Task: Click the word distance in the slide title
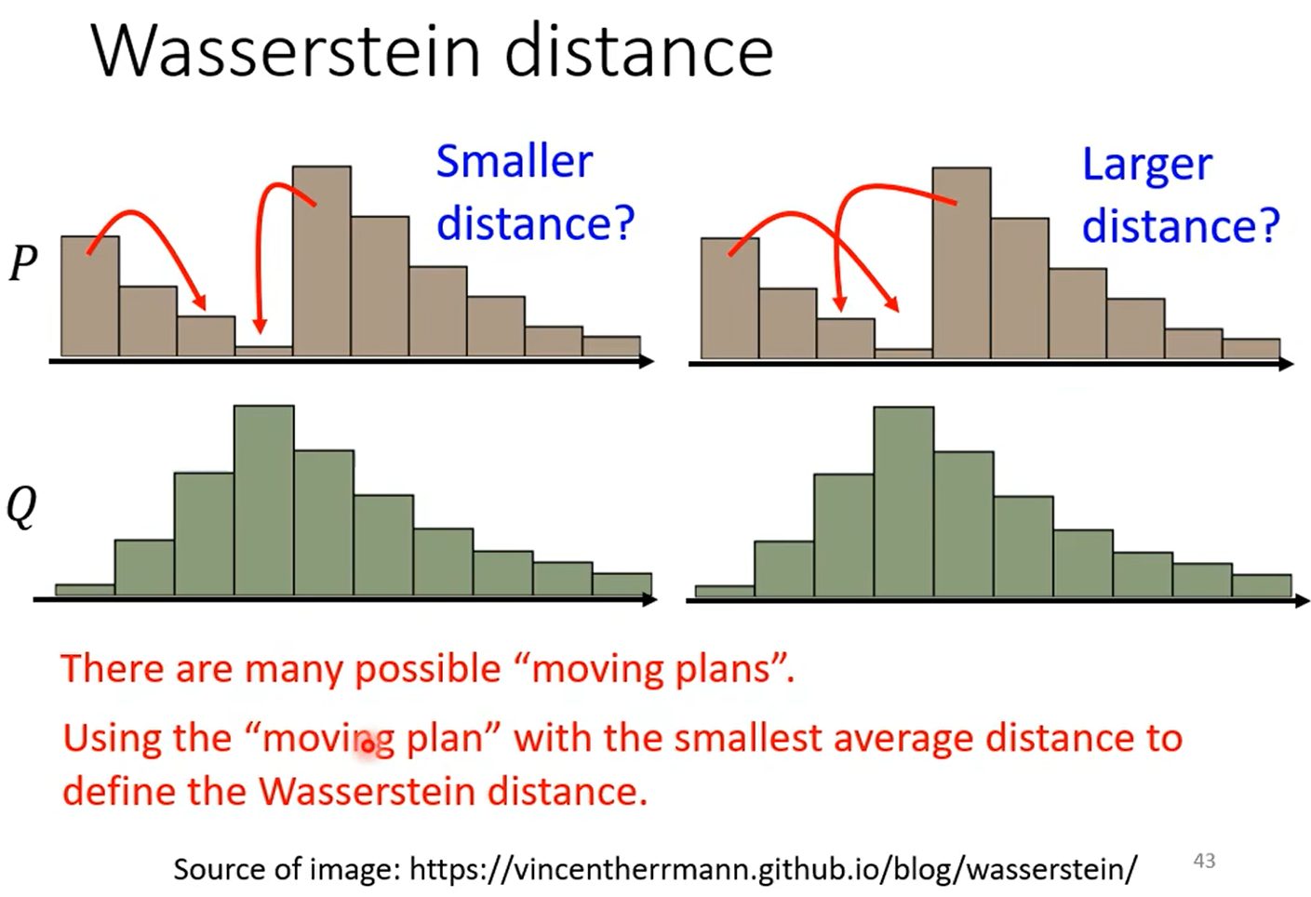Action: tap(639, 51)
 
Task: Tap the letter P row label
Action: tap(23, 263)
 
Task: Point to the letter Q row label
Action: tap(22, 507)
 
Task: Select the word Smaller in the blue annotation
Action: tap(514, 162)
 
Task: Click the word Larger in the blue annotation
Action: tap(1146, 166)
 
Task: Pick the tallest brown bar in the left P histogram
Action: tap(321, 261)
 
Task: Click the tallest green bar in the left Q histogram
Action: tap(263, 500)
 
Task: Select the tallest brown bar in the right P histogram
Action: tap(961, 262)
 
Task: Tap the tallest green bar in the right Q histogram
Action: tap(903, 502)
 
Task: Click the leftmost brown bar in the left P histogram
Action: tap(89, 296)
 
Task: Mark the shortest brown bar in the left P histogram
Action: tap(263, 351)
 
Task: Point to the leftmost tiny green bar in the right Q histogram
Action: tap(724, 591)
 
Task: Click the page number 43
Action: tap(1204, 861)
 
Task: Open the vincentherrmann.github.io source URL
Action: tap(772, 869)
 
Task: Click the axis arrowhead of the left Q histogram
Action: tap(650, 600)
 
